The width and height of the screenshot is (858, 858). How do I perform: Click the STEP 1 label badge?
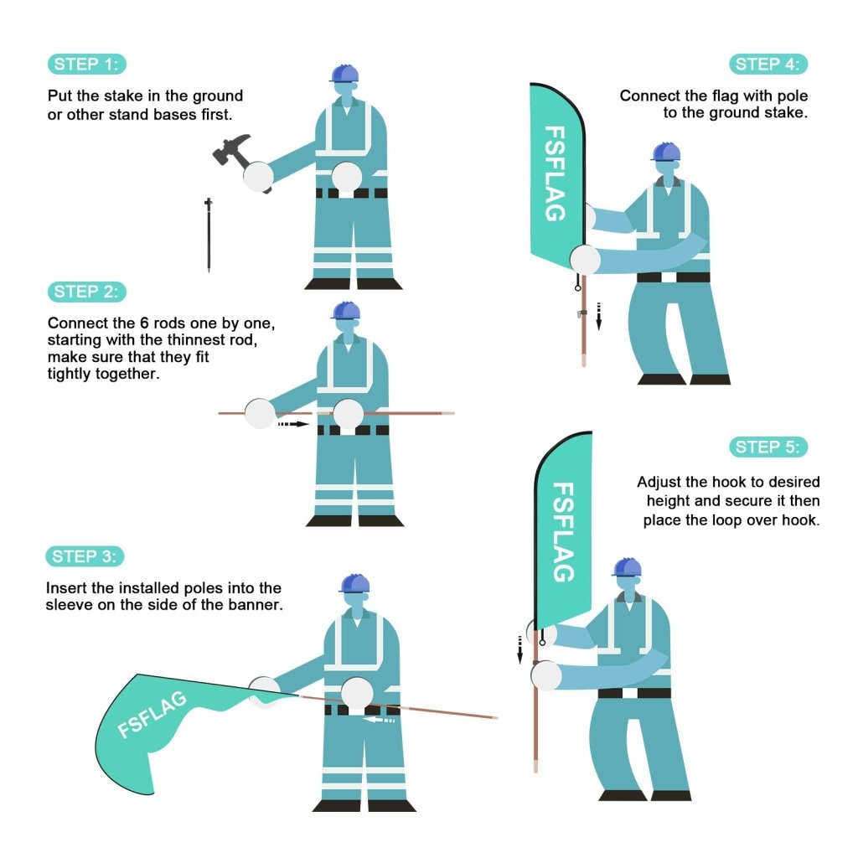(x=87, y=64)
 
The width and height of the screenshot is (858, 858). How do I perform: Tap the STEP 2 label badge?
(x=87, y=292)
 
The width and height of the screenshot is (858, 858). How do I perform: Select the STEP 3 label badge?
(x=85, y=556)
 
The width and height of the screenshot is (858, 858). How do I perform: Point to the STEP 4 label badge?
(x=768, y=64)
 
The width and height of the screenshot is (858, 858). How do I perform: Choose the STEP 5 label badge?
(x=768, y=447)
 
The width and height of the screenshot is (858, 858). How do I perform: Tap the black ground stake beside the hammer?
(x=209, y=235)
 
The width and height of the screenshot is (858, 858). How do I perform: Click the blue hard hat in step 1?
(x=344, y=74)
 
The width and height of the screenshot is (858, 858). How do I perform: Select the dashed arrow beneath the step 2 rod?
(x=293, y=423)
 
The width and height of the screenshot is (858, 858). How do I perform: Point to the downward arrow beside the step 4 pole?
(x=598, y=316)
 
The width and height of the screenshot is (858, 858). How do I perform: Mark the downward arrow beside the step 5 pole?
(x=519, y=650)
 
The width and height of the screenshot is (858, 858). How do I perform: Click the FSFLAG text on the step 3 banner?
(x=152, y=714)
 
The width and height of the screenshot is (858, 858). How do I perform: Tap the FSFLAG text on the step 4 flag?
(x=555, y=173)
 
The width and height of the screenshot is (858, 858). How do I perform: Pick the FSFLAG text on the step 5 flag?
(x=563, y=532)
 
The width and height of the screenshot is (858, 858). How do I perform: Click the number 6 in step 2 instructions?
(x=144, y=323)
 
